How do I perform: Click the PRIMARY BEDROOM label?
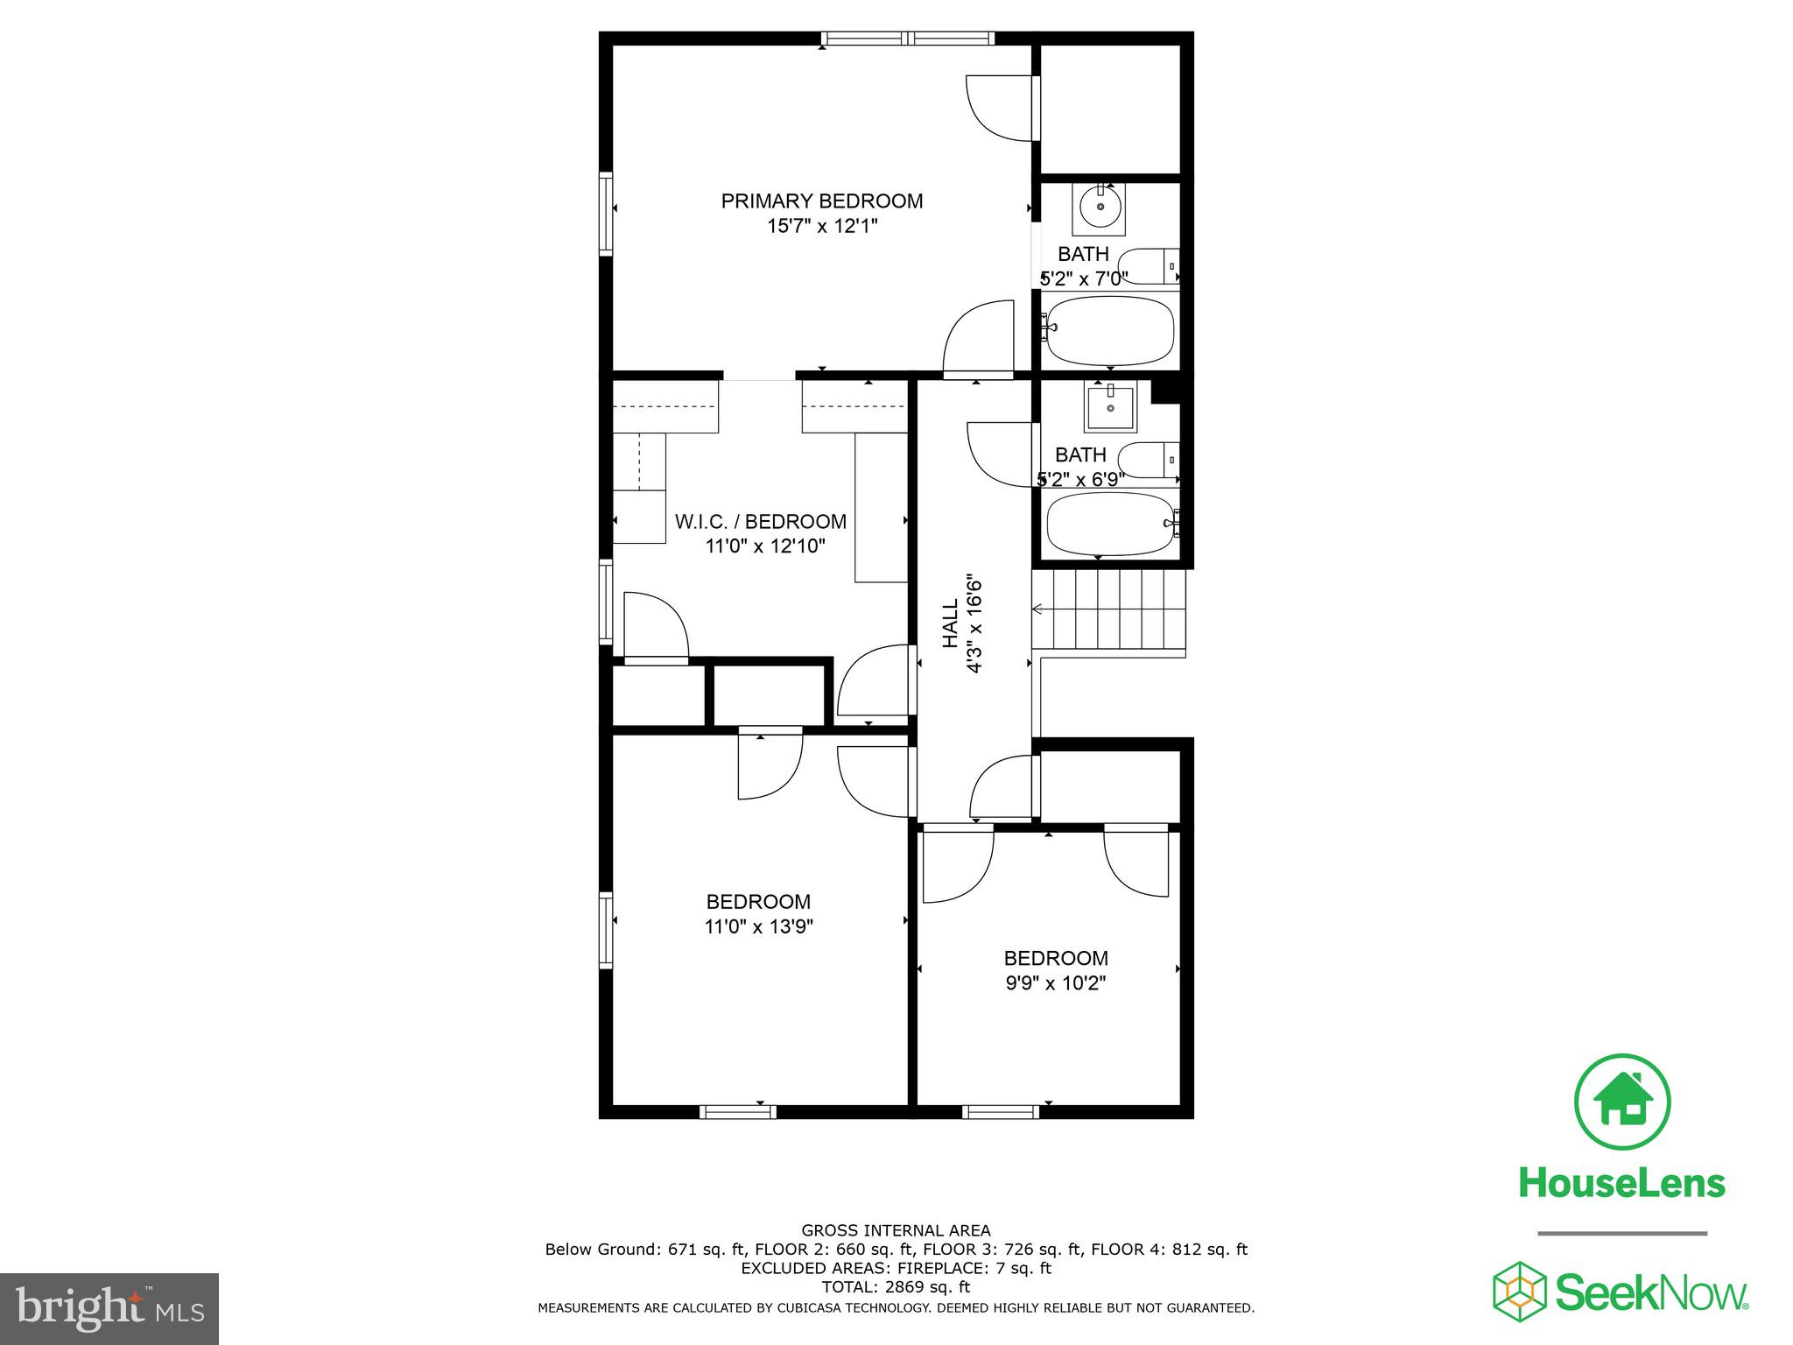coord(821,201)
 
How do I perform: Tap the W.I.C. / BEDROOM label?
coord(760,522)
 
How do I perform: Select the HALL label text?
coord(951,624)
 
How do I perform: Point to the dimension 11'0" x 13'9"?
coord(759,926)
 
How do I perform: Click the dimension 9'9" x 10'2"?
coord(1056,982)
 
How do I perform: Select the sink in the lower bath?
coord(1110,408)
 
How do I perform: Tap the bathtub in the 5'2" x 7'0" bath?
coord(1110,330)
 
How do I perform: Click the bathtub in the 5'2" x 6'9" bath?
coord(1109,524)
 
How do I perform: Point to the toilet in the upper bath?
coord(1148,265)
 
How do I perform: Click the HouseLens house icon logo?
coord(1622,1102)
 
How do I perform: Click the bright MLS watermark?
coord(109,1308)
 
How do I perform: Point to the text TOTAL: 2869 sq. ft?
coord(896,1287)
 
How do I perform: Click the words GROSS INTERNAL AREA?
coord(896,1230)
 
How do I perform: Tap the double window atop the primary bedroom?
coord(908,39)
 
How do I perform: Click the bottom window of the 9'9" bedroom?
coord(1000,1112)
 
